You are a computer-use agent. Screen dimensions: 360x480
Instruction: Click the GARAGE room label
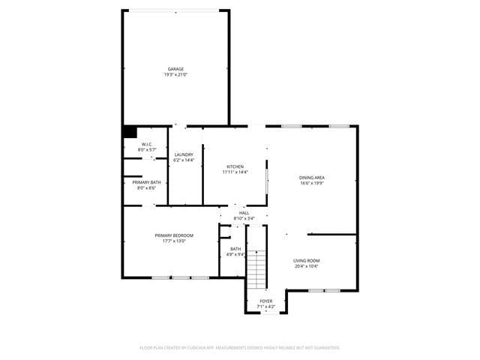point(175,69)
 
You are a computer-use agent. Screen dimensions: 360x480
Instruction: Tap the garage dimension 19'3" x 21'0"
point(175,75)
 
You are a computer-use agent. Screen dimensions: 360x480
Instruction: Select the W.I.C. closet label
point(146,145)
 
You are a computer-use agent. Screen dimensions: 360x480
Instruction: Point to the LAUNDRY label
point(184,154)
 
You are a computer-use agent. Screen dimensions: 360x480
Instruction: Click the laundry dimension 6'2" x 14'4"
point(184,160)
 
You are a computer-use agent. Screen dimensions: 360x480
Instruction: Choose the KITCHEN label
point(235,166)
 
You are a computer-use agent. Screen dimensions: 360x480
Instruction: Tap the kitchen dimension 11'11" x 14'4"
point(235,172)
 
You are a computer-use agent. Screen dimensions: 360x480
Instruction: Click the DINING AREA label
point(312,178)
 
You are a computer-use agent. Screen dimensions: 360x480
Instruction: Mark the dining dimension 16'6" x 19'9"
point(312,184)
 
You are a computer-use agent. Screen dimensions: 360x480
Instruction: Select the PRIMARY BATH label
point(146,182)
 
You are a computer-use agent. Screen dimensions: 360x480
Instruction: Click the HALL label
point(244,213)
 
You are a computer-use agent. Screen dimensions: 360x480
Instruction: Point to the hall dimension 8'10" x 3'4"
point(244,219)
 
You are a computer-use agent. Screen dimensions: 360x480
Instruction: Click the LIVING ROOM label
point(305,260)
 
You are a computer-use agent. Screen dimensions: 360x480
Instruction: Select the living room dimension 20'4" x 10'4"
point(305,266)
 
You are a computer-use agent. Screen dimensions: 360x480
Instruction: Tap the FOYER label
point(266,301)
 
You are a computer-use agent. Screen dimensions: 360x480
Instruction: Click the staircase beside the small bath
point(257,268)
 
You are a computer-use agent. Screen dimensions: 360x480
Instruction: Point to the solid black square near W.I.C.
point(130,132)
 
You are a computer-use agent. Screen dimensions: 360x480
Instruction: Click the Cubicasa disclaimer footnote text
point(240,348)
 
